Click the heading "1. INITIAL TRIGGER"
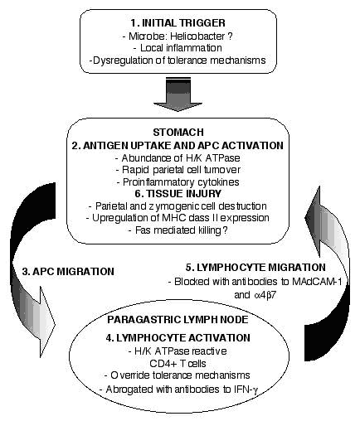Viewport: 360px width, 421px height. coord(178,23)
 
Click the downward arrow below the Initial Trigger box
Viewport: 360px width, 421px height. coord(178,94)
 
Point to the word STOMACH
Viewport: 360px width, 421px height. coord(178,132)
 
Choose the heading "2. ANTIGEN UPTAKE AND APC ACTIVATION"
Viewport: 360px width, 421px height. coord(178,145)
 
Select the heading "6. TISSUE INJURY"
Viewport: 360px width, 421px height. coord(178,193)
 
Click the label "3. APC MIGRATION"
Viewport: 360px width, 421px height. coord(68,271)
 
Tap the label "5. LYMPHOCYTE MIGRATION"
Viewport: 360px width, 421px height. coord(255,267)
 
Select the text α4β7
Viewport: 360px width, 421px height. coord(265,295)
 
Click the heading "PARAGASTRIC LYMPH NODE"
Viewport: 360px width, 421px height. coord(178,320)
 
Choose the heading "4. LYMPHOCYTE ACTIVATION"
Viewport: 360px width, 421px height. coord(178,337)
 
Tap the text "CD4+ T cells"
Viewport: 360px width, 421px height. coord(178,363)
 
